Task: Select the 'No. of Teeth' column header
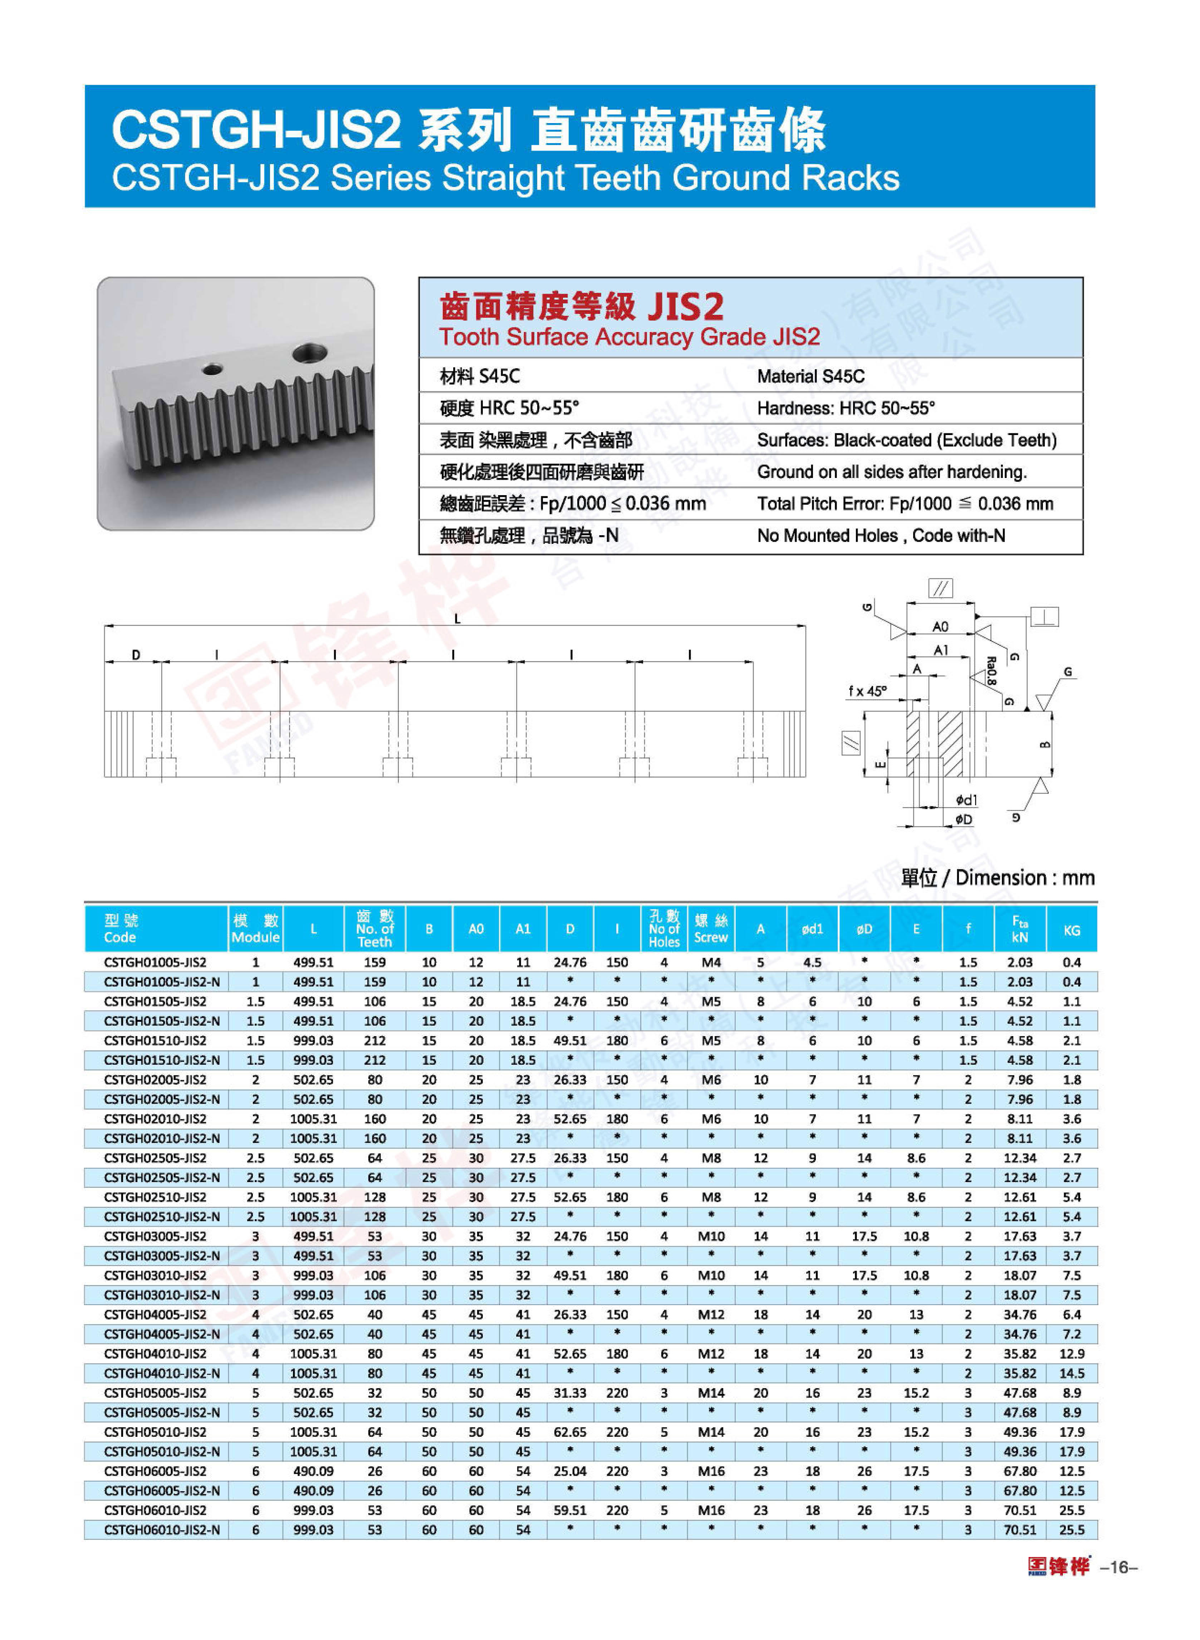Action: pos(375,929)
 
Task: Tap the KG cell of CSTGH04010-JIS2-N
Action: pos(1072,1373)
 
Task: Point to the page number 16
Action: pos(1119,1567)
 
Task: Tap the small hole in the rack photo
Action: pos(211,369)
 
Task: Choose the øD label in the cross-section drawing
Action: pos(964,819)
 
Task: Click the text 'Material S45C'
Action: pos(810,376)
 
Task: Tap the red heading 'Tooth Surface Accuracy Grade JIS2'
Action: pos(629,337)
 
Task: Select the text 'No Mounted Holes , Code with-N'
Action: pos(881,536)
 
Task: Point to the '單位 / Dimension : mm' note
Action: pos(997,878)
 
